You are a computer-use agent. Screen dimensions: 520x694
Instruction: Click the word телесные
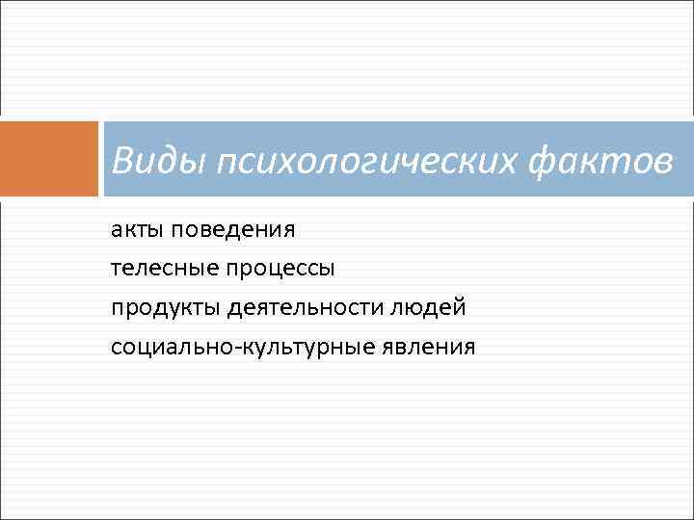pyautogui.click(x=164, y=269)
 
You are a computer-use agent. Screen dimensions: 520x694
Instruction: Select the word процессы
pyautogui.click(x=281, y=269)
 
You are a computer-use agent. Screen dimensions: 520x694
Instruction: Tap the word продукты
pyautogui.click(x=166, y=308)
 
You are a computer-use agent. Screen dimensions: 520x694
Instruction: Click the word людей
pyautogui.click(x=430, y=307)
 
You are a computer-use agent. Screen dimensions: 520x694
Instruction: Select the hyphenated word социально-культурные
pyautogui.click(x=234, y=347)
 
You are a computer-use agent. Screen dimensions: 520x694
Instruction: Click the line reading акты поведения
pyautogui.click(x=202, y=230)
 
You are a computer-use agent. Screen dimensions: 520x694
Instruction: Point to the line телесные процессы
pyautogui.click(x=223, y=269)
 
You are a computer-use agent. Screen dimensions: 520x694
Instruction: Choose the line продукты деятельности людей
pyautogui.click(x=288, y=308)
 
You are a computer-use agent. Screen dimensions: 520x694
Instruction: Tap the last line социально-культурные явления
pyautogui.click(x=293, y=347)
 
